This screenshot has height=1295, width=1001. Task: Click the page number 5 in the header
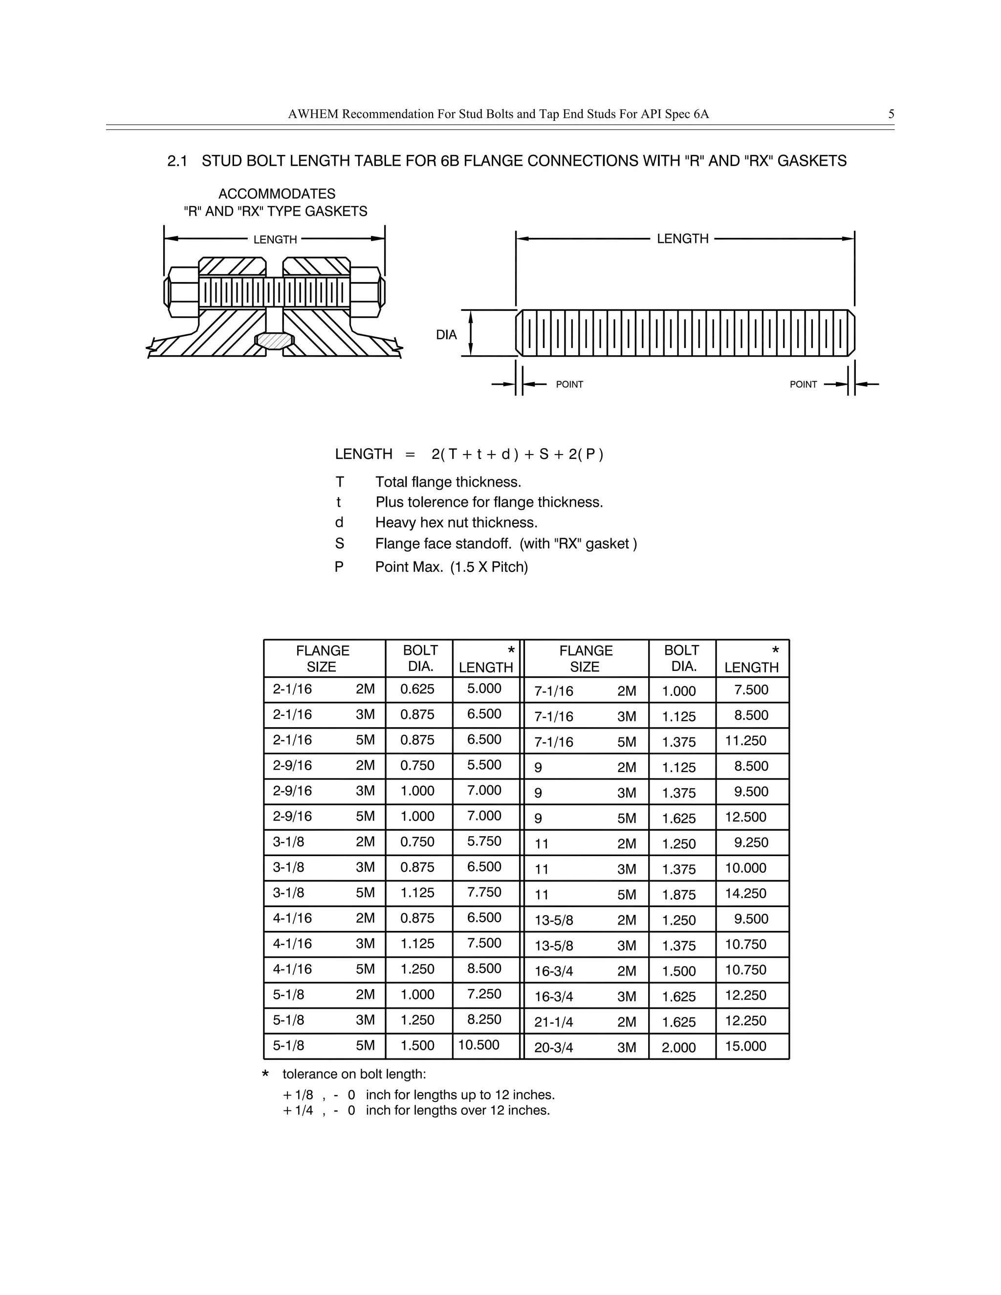click(891, 114)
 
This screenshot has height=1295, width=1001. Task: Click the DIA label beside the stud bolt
click(447, 335)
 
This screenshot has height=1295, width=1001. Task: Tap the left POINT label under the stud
click(569, 385)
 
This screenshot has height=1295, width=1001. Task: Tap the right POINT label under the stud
click(803, 385)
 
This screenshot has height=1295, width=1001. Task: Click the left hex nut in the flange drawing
click(183, 292)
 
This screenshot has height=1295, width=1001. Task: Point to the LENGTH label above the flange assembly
click(275, 240)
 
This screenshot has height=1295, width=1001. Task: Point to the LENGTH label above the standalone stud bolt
click(682, 239)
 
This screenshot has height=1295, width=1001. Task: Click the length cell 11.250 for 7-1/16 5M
click(745, 740)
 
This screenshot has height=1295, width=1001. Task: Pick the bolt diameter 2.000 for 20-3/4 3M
click(678, 1048)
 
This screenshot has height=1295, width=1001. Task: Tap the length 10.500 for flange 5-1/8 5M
click(479, 1045)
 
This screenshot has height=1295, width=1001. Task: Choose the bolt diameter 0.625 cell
click(417, 689)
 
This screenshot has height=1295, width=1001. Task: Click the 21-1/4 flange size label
click(553, 1022)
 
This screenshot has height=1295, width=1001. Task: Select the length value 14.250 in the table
click(745, 894)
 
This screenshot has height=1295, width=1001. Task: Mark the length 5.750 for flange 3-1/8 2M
click(484, 842)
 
